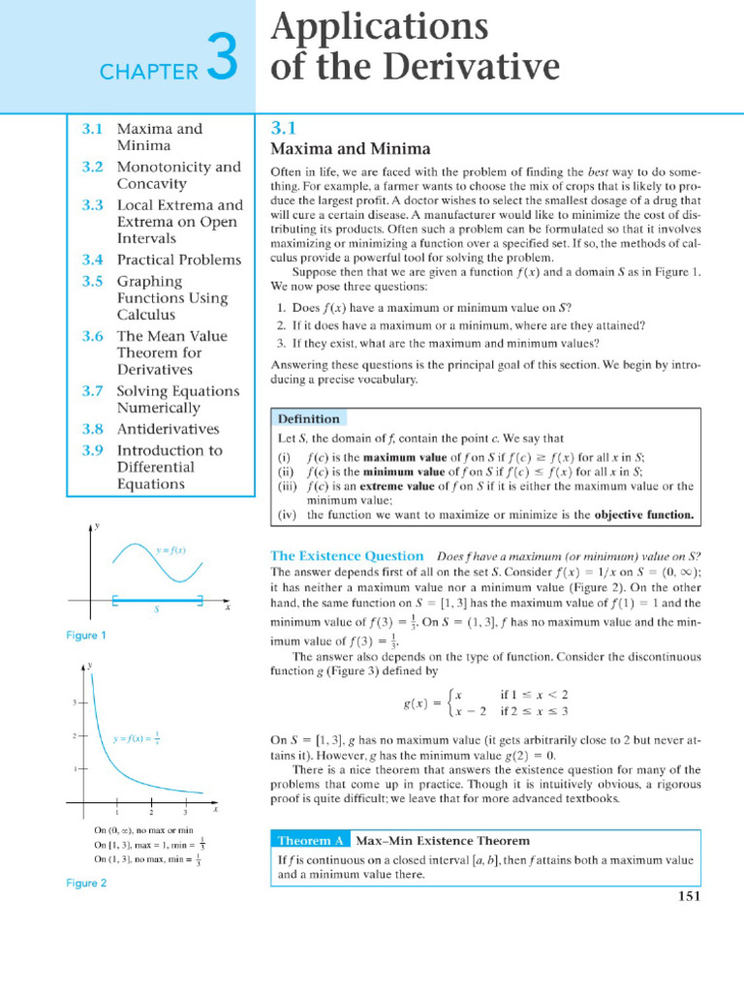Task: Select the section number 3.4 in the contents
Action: coord(92,260)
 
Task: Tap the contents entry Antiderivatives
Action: coord(168,428)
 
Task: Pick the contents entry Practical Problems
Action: coord(179,260)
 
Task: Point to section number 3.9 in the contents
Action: coord(92,449)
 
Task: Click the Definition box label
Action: coord(308,419)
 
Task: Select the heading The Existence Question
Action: coord(346,556)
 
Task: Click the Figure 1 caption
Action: coord(86,635)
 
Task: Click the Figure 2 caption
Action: coord(86,883)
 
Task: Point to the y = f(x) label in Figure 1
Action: coord(170,549)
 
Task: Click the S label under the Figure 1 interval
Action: coord(156,611)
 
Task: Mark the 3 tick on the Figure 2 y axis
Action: coord(75,702)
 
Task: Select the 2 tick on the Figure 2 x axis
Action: coord(151,812)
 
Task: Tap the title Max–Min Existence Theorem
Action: coord(443,839)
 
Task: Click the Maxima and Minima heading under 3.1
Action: coord(349,148)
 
